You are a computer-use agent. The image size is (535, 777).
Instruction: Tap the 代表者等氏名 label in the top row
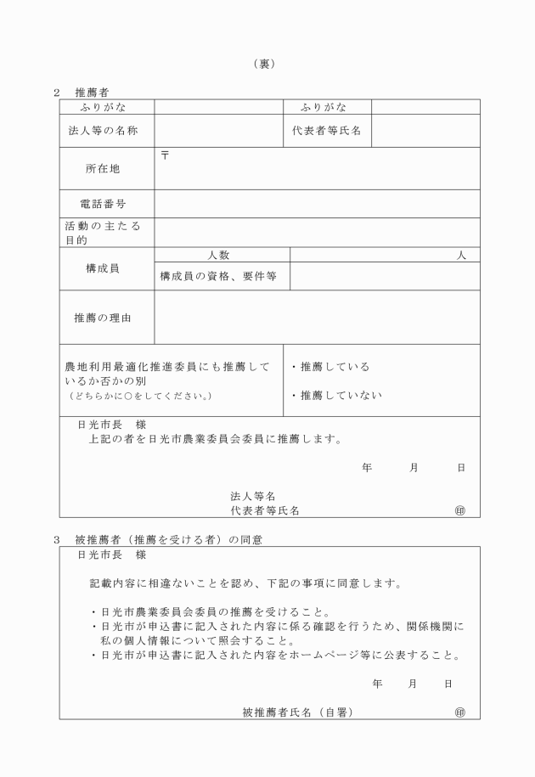coord(327,131)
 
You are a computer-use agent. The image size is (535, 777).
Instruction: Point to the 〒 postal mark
coord(165,155)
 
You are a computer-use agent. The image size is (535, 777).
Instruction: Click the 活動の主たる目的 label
coord(103,233)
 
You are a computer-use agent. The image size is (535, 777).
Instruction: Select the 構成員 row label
coord(103,268)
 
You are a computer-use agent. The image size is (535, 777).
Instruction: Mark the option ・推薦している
coord(330,367)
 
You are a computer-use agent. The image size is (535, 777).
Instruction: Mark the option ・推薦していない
coord(336,395)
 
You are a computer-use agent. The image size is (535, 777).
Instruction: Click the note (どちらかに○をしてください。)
coord(140,396)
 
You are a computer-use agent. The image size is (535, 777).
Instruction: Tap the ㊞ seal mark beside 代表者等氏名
coord(460,510)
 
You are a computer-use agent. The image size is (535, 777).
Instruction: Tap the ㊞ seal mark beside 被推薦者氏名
coord(460,712)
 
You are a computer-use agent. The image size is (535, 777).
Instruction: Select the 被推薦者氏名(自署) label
coord(297,712)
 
